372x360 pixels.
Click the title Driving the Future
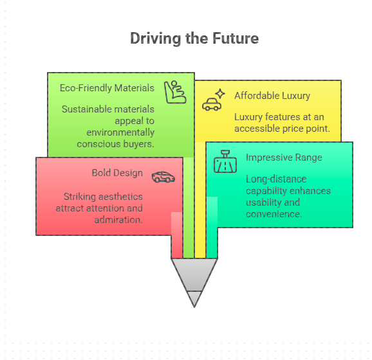194,39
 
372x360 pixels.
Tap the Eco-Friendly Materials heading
107,88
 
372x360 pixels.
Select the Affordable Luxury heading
272,96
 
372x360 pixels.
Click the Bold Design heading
117,173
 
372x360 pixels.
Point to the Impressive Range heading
284,157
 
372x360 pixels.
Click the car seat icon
175,92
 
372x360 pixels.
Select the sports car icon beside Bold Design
163,177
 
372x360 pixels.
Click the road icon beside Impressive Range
225,161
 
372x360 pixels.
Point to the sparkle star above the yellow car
220,94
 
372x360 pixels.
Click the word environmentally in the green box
120,132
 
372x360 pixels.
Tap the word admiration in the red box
118,220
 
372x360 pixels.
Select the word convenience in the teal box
274,214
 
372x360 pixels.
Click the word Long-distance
276,179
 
